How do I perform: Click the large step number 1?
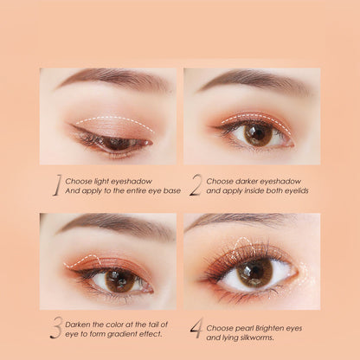pos(57,186)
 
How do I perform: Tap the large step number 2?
pos(196,186)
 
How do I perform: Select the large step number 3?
pos(55,329)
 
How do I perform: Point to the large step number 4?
pos(196,328)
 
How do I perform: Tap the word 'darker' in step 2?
pos(246,182)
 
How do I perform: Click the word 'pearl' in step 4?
pos(244,329)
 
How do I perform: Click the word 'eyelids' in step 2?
pos(297,190)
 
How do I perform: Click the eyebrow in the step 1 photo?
pos(113,78)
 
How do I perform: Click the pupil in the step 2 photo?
pos(258,134)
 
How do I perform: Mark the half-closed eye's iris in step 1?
pos(118,144)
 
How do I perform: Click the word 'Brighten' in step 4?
pos(269,329)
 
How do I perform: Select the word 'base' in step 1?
pos(173,190)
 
